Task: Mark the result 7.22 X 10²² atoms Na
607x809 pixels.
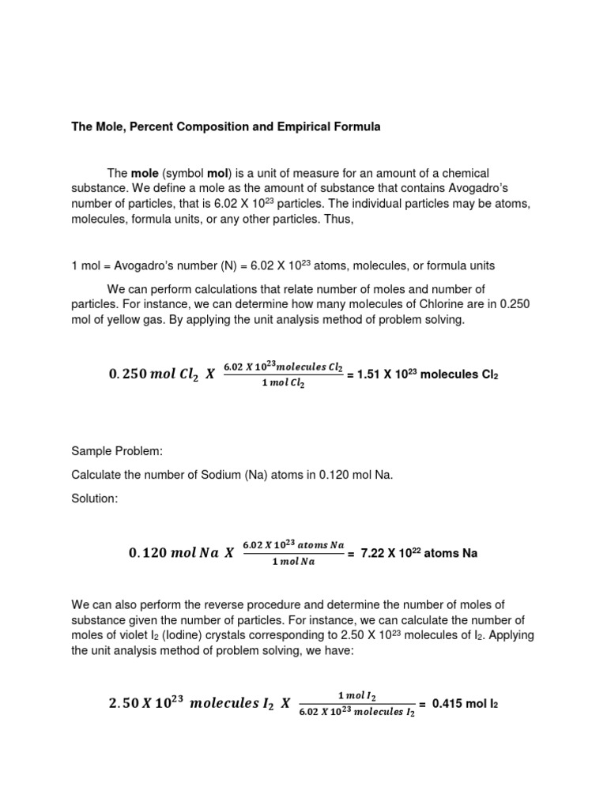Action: [x=418, y=554]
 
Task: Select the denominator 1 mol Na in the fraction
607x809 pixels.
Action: [x=293, y=563]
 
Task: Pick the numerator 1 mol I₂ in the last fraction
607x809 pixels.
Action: [x=356, y=695]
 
